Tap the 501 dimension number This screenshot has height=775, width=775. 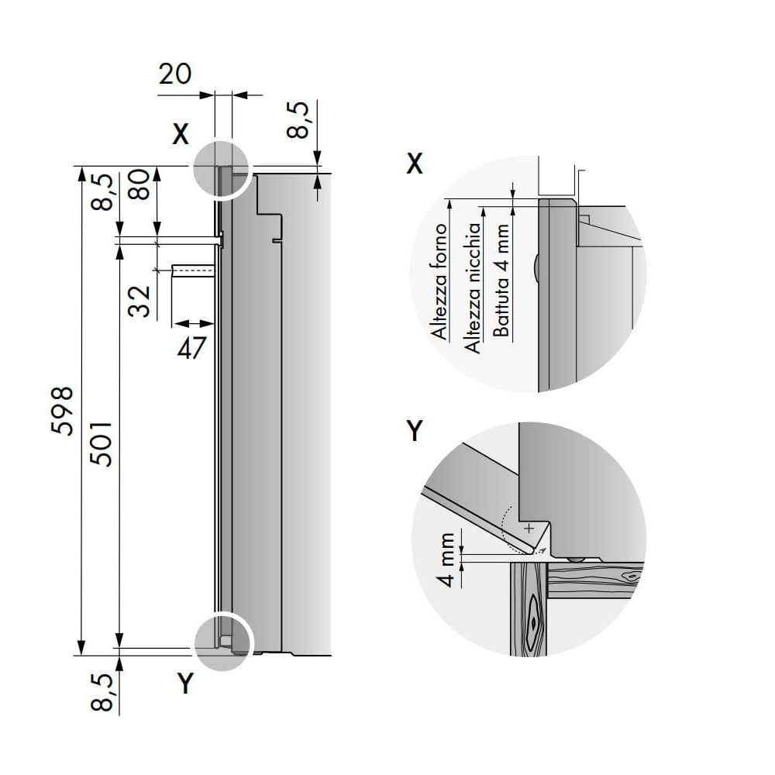(101, 443)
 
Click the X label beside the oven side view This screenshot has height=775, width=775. (180, 135)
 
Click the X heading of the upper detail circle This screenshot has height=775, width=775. (415, 164)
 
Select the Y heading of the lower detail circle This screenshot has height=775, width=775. (415, 432)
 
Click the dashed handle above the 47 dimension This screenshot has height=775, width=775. (193, 270)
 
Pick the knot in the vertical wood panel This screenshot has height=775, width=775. (533, 620)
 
